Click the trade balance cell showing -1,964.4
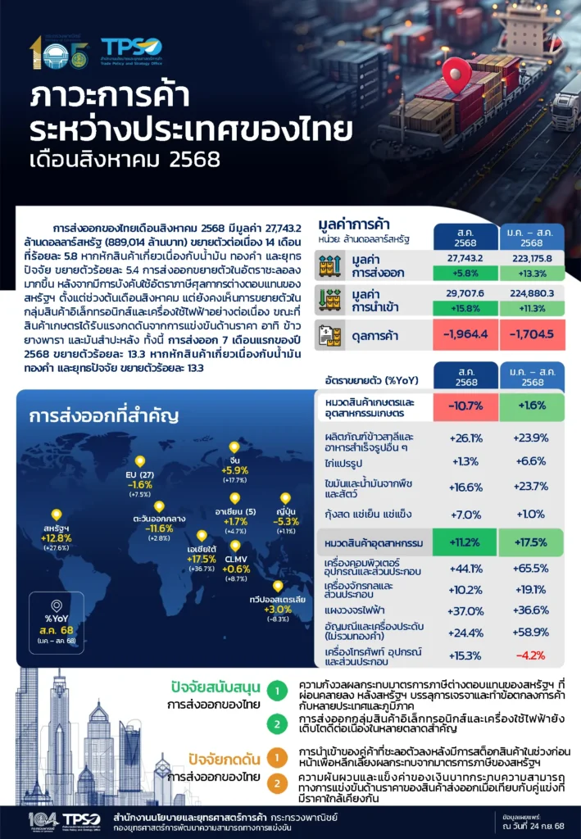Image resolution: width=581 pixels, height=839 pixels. coord(458,333)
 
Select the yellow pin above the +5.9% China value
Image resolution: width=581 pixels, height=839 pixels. coord(234,447)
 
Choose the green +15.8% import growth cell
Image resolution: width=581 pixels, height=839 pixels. coord(458,307)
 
